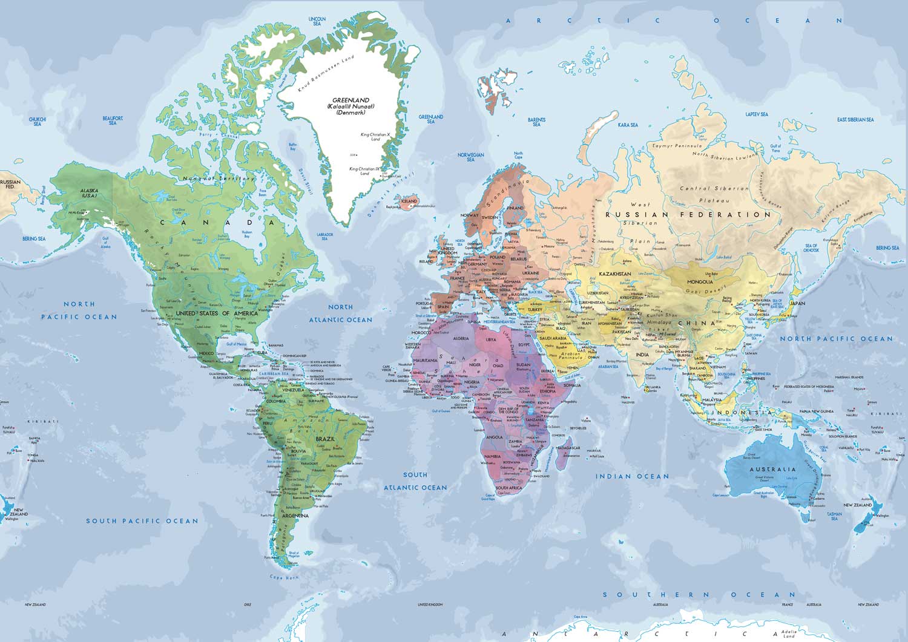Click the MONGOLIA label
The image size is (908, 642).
[700, 281]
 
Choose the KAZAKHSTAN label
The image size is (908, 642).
[614, 274]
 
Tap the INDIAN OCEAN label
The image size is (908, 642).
[633, 476]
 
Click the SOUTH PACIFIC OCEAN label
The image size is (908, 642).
[142, 521]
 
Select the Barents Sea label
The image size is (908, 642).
[536, 122]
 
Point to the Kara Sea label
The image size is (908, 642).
[628, 125]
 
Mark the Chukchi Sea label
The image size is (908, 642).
[37, 121]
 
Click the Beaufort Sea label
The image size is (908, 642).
[113, 120]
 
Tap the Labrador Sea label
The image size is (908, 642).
[325, 236]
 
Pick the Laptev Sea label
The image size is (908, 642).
[757, 114]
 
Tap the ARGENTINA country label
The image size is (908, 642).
[294, 516]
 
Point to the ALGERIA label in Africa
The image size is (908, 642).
[461, 338]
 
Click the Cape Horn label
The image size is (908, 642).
[280, 578]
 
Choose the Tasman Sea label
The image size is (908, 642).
[835, 516]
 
